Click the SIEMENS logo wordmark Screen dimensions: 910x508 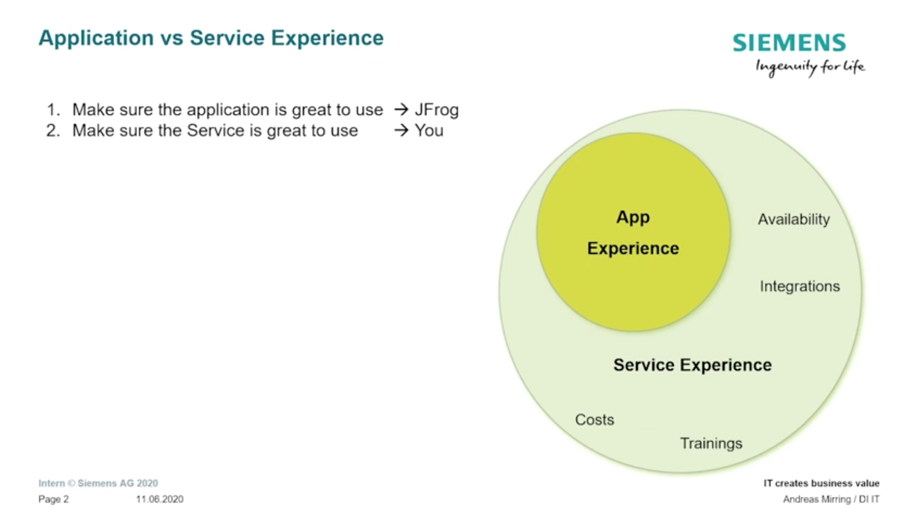[x=789, y=43]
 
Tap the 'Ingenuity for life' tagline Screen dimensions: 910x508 [x=810, y=67]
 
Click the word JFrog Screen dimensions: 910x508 [x=437, y=110]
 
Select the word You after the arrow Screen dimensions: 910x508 [x=429, y=130]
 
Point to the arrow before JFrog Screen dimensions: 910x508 [x=401, y=109]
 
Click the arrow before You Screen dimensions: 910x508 [x=401, y=130]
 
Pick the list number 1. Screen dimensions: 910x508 [x=53, y=110]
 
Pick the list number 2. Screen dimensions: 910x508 [x=53, y=130]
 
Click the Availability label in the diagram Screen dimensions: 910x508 [x=794, y=219]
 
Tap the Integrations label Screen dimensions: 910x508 [x=800, y=287]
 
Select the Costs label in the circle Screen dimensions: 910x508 [x=594, y=420]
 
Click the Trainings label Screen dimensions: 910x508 [x=711, y=443]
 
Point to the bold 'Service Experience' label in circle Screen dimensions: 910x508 [x=692, y=365]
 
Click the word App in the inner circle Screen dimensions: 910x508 [x=633, y=218]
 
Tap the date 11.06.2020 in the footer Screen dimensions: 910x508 [x=160, y=499]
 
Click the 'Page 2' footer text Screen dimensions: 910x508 [x=54, y=499]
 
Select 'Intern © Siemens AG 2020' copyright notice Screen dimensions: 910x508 [x=98, y=483]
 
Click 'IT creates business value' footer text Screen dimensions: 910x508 [x=822, y=483]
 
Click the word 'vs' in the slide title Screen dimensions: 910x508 [x=172, y=38]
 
